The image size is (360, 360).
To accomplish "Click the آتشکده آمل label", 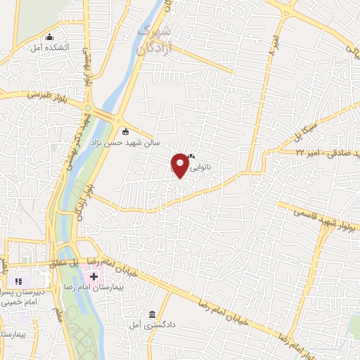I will click(47, 49).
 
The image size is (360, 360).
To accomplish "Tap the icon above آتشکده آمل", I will click(49, 37).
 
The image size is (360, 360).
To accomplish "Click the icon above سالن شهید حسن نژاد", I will click(126, 130).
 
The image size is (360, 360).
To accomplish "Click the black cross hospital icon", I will click(94, 276).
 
